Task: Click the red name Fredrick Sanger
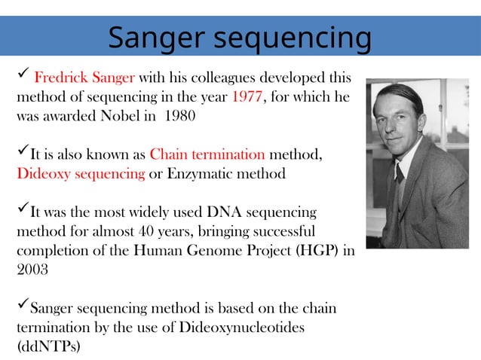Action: pyautogui.click(x=84, y=78)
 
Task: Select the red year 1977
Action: pyautogui.click(x=247, y=97)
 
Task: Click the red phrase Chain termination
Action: pyautogui.click(x=207, y=155)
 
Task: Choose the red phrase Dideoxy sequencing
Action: pyautogui.click(x=81, y=174)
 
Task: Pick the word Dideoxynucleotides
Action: pyautogui.click(x=243, y=328)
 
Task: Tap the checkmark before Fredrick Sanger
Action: pyautogui.click(x=23, y=75)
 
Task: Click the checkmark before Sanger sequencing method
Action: pyautogui.click(x=23, y=307)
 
